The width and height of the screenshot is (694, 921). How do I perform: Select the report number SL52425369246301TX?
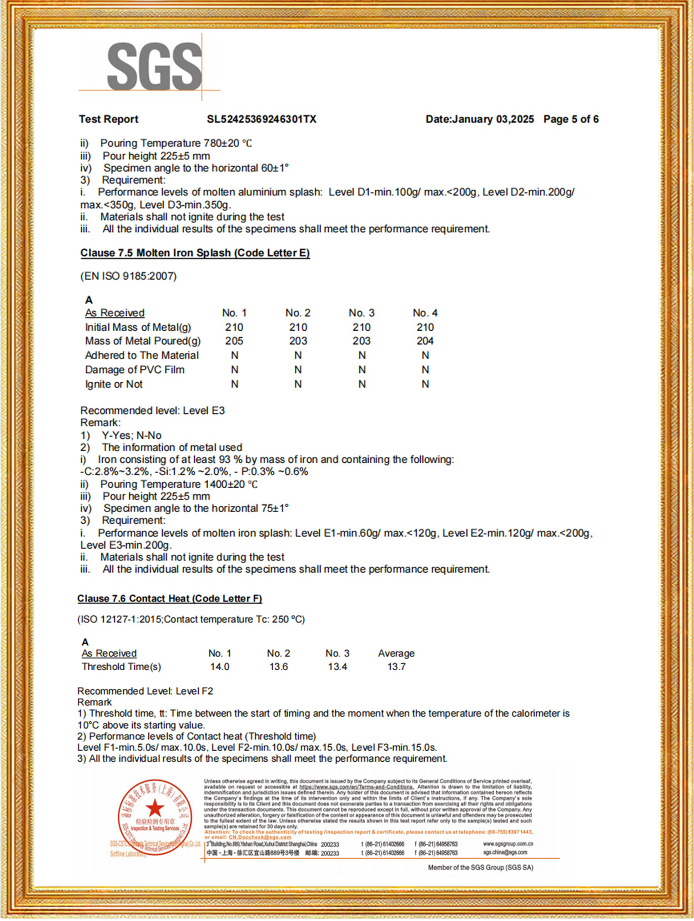click(x=261, y=119)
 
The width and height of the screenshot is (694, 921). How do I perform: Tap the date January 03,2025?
click(x=492, y=119)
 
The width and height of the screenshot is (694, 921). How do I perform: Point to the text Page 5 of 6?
click(x=571, y=119)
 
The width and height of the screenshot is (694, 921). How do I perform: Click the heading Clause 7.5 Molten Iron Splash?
click(x=195, y=253)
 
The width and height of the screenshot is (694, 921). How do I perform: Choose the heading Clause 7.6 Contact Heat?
click(x=169, y=599)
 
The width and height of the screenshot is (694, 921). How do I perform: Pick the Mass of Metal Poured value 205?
click(x=234, y=341)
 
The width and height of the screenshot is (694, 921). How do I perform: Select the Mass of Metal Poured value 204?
click(x=425, y=341)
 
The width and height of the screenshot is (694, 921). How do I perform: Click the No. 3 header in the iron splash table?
click(x=361, y=313)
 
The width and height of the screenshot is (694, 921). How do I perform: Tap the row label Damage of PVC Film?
click(x=134, y=370)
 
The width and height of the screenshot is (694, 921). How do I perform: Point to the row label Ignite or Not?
click(x=114, y=384)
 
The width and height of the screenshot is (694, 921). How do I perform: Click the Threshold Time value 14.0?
click(x=219, y=667)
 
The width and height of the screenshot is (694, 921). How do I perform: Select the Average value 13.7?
click(x=396, y=667)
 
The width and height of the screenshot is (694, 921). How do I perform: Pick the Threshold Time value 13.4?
click(x=338, y=667)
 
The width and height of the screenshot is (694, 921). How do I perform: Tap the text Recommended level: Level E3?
click(x=153, y=411)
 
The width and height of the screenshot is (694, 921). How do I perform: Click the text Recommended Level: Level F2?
click(x=145, y=691)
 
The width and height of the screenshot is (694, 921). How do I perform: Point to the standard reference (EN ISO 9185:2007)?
click(x=128, y=276)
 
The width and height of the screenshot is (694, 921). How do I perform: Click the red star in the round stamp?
click(x=155, y=808)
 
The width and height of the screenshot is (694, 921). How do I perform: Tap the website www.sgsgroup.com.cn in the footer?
click(x=507, y=844)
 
